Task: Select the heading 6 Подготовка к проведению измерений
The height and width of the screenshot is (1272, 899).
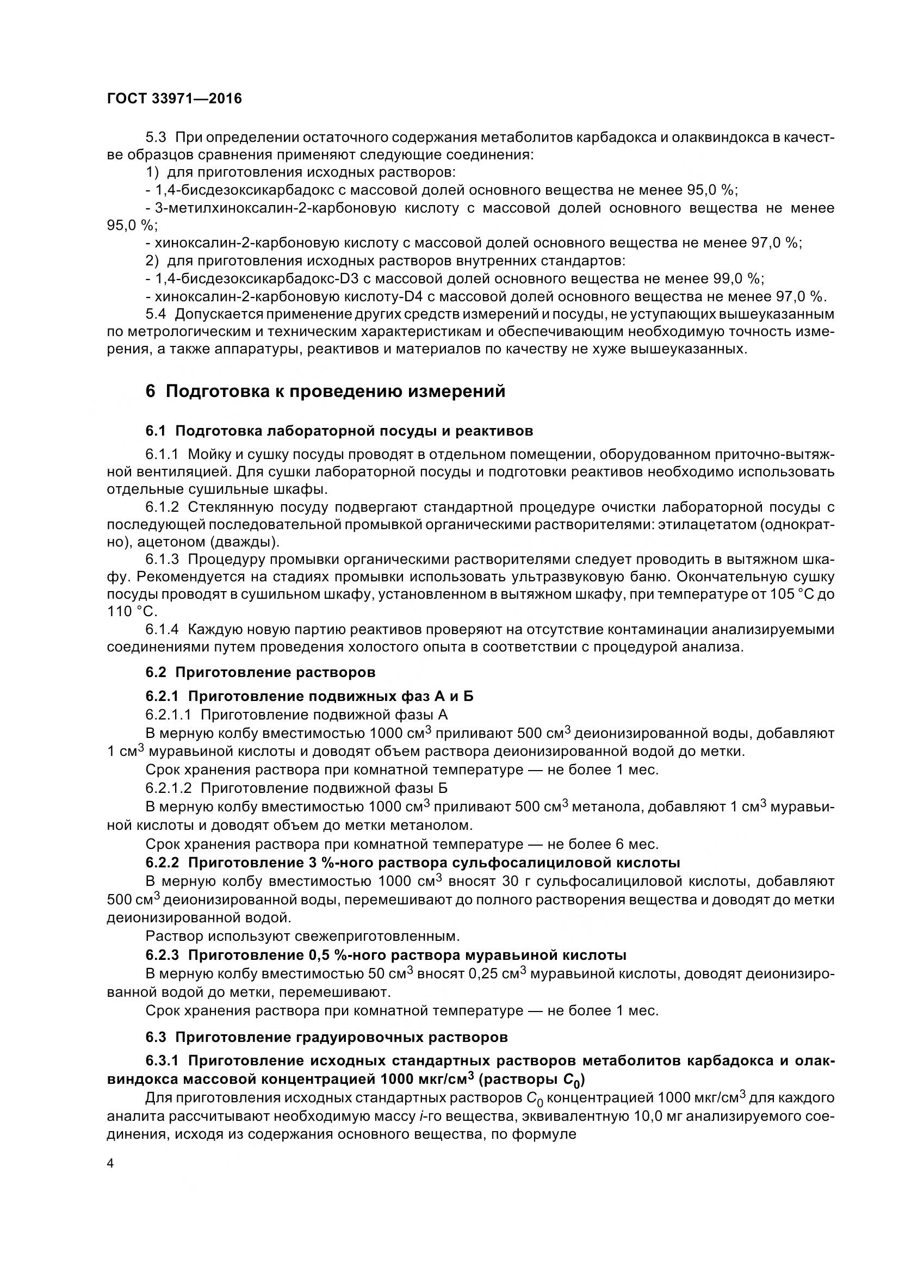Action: (x=326, y=392)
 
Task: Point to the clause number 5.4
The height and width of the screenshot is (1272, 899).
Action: (x=156, y=314)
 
